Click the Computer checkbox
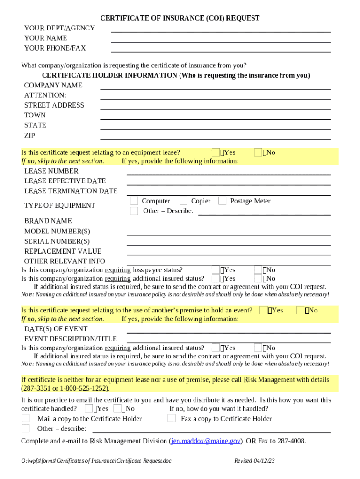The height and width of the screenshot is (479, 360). click(x=134, y=201)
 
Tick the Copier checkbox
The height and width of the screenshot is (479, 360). click(x=183, y=201)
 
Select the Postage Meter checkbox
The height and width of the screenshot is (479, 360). click(x=222, y=201)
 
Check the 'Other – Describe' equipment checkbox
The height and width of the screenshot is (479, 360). click(x=134, y=211)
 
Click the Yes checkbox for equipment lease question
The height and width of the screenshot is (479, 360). click(x=216, y=152)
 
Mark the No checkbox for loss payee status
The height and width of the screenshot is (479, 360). click(x=258, y=270)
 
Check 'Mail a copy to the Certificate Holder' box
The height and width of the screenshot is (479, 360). click(x=26, y=419)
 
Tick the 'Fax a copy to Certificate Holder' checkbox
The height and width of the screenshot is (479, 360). click(x=172, y=419)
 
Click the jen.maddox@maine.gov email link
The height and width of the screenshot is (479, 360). click(x=206, y=441)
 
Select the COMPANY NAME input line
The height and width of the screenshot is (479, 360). click(x=215, y=87)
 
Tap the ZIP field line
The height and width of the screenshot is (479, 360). click(x=215, y=137)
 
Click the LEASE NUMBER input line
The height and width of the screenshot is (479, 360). click(x=229, y=173)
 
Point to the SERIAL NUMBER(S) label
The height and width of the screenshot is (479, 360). click(x=57, y=241)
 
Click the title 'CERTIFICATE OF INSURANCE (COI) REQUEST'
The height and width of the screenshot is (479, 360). click(x=180, y=18)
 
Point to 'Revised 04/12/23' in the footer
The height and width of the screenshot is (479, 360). click(x=254, y=461)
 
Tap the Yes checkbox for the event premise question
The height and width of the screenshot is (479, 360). click(x=264, y=311)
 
